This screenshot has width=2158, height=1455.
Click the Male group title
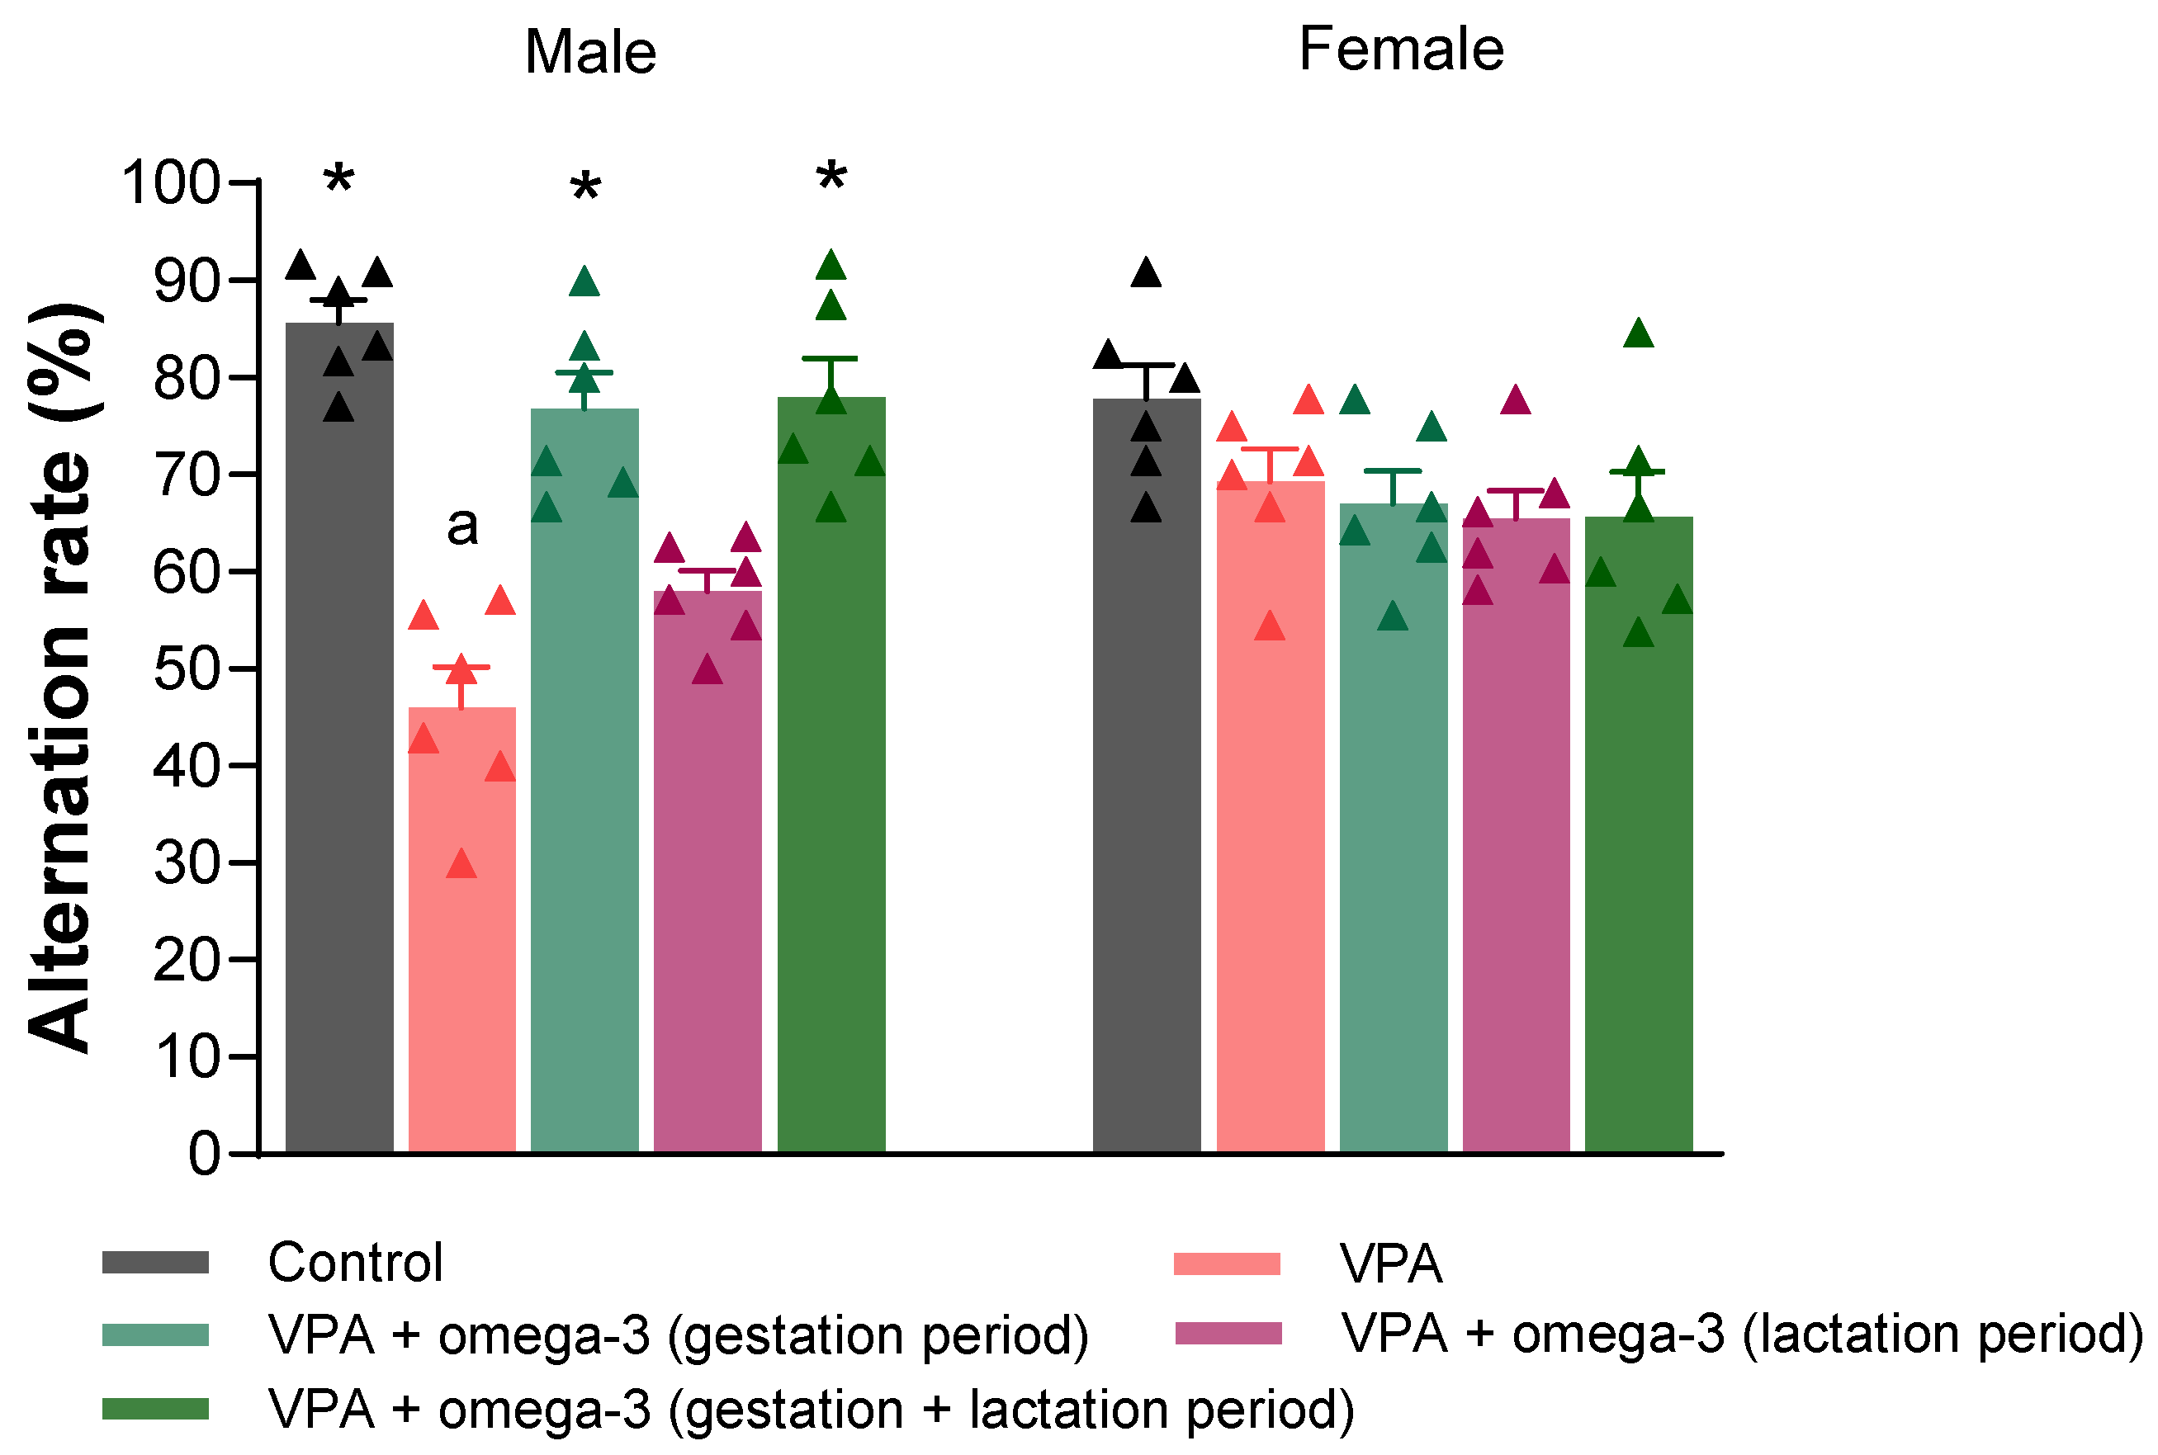pyautogui.click(x=589, y=52)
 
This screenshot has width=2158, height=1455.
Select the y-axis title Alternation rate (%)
pyautogui.click(x=61, y=678)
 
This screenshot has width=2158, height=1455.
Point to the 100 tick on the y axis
pyautogui.click(x=171, y=182)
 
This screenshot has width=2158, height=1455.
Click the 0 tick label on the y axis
pyautogui.click(x=204, y=1155)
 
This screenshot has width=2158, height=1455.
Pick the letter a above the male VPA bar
pyautogui.click(x=462, y=527)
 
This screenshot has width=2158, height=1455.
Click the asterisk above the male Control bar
pyautogui.click(x=338, y=179)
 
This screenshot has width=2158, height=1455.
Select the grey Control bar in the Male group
pyautogui.click(x=338, y=742)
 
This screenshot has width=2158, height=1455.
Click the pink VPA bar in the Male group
pyautogui.click(x=461, y=928)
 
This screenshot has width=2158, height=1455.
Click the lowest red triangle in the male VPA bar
pyautogui.click(x=461, y=865)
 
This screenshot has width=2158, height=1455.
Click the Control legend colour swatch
pyautogui.click(x=155, y=1263)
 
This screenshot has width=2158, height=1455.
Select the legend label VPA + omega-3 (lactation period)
pyautogui.click(x=1741, y=1334)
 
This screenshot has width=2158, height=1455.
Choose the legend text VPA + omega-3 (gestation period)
pyautogui.click(x=678, y=1335)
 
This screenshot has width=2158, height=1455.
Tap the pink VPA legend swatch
pyautogui.click(x=1226, y=1264)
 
